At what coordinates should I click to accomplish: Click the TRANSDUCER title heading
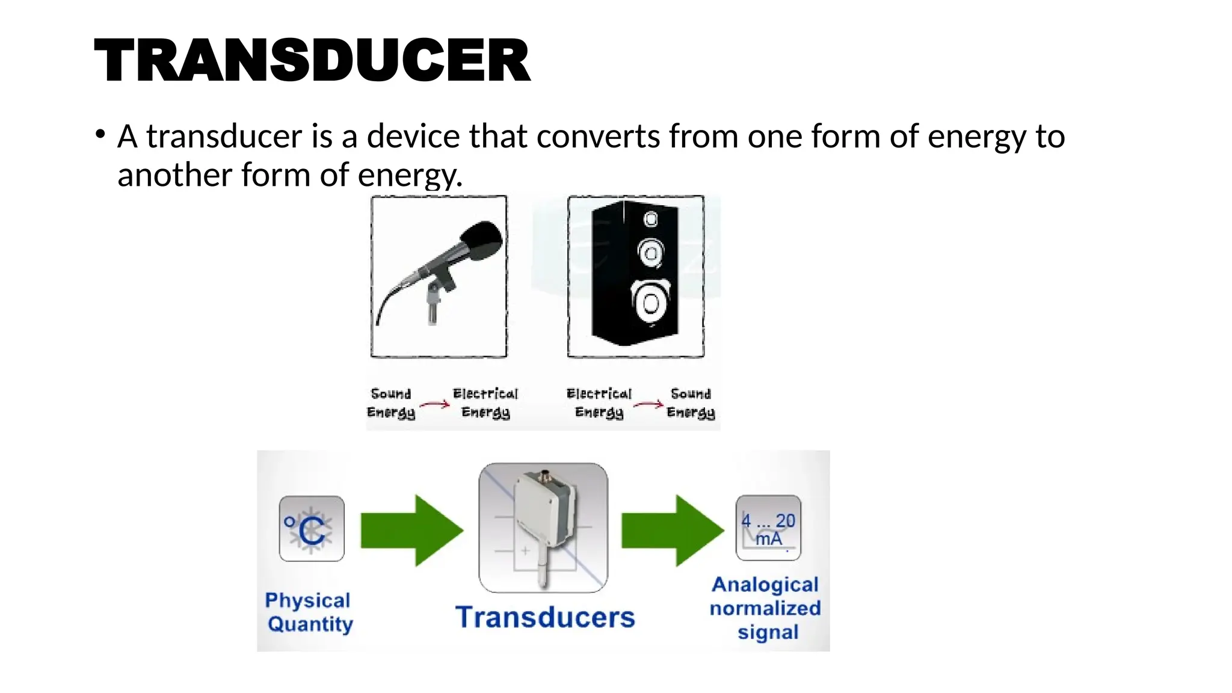tap(312, 60)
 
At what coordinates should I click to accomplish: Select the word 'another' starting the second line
tap(174, 175)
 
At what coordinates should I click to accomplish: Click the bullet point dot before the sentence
tap(100, 134)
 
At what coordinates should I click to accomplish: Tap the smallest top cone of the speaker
tap(651, 219)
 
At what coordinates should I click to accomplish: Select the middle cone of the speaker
tap(651, 253)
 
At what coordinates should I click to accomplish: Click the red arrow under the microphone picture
tap(435, 404)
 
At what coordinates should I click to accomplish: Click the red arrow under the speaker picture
tap(648, 404)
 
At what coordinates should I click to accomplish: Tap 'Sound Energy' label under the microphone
tap(391, 402)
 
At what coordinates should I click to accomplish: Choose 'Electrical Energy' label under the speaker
tap(599, 402)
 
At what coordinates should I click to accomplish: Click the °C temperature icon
tap(312, 529)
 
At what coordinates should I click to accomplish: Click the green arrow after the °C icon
tap(412, 531)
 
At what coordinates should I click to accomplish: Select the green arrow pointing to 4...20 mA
tap(673, 531)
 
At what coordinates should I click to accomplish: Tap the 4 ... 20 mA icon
tap(768, 528)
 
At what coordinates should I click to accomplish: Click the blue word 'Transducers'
tap(545, 617)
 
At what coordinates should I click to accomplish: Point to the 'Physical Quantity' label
tap(309, 612)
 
